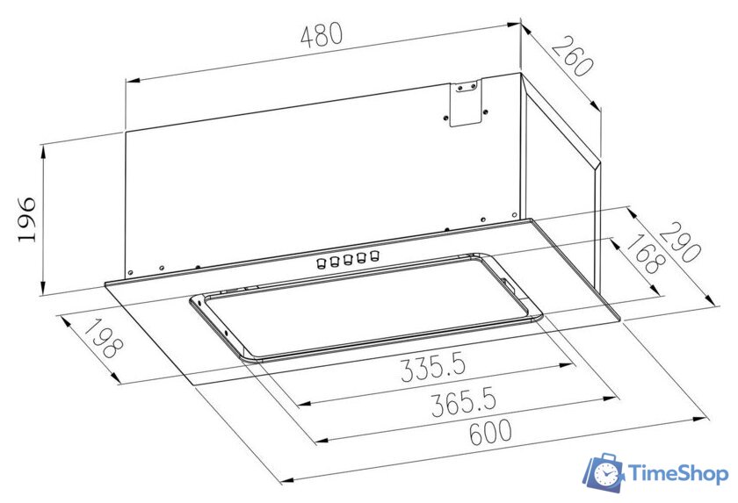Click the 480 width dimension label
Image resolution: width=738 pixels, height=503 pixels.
322,36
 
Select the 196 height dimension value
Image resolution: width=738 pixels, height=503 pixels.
25,219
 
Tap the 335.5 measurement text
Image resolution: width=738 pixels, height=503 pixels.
432,366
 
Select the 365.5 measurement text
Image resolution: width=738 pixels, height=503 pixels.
461,403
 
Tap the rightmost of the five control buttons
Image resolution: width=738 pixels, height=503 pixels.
374,255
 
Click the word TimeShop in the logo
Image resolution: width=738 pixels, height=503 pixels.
679,475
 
